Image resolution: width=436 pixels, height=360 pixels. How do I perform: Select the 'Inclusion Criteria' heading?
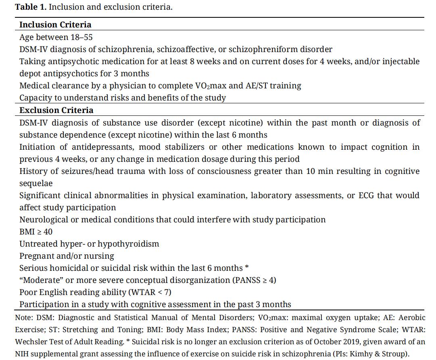[x=55, y=25]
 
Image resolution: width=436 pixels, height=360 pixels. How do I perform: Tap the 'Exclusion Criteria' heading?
[x=56, y=110]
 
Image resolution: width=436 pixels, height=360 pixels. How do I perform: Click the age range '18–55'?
[x=82, y=37]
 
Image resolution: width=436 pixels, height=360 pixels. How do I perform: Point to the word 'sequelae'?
[x=36, y=183]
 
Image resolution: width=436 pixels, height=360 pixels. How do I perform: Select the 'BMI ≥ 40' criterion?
[x=36, y=232]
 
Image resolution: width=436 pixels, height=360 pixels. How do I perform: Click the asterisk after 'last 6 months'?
[x=247, y=268]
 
